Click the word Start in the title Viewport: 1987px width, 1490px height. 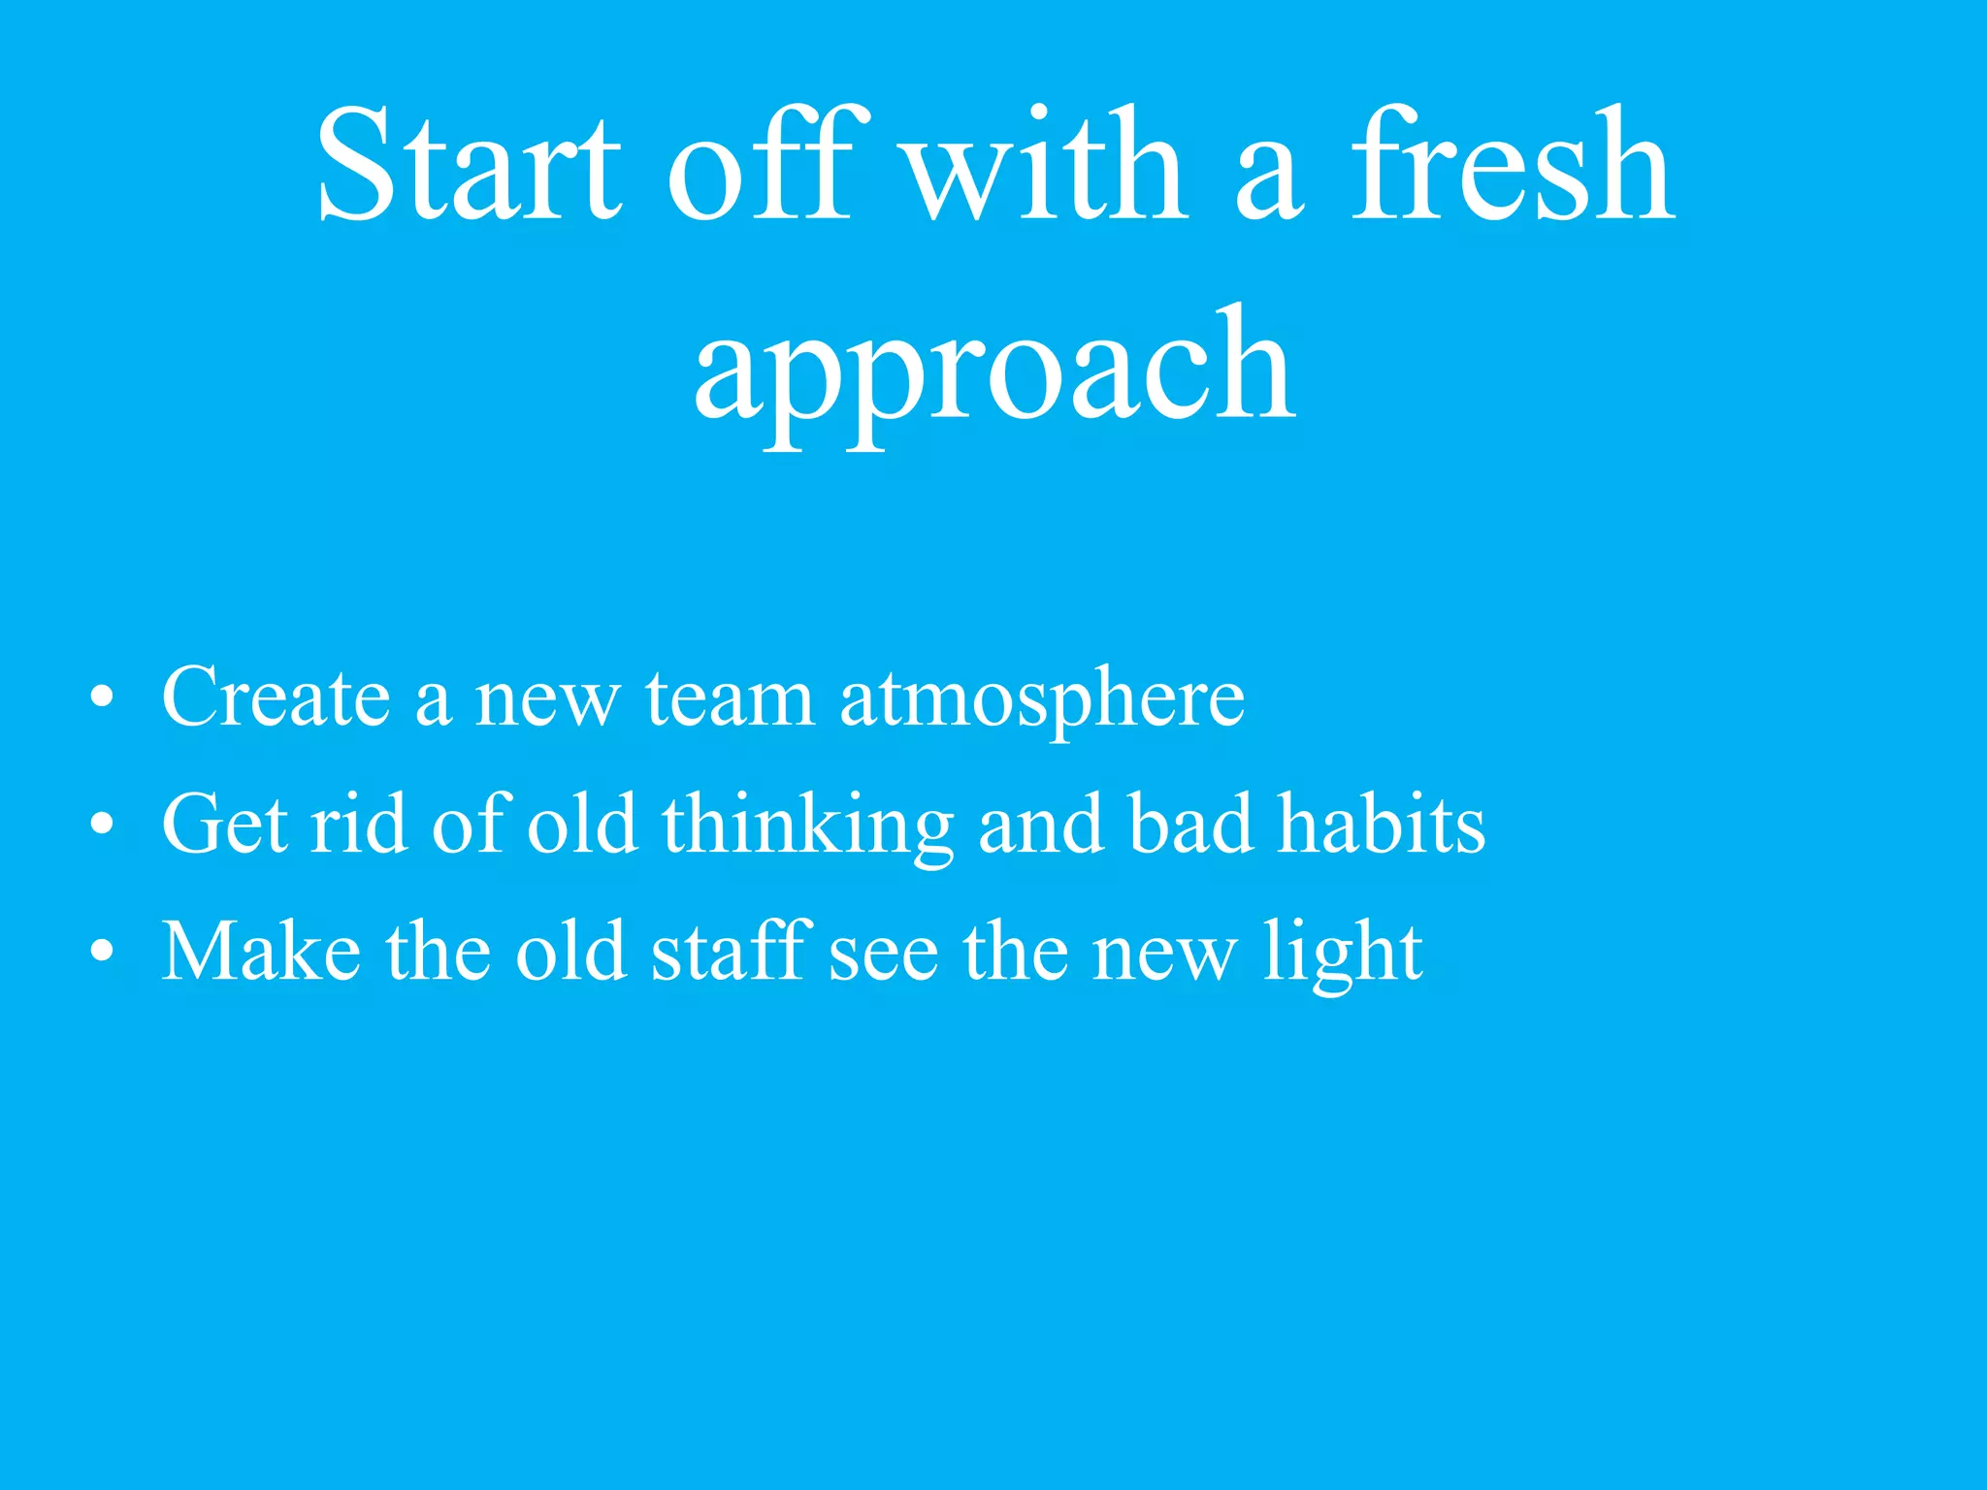[x=469, y=166]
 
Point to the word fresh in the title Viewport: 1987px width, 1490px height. [x=1513, y=166]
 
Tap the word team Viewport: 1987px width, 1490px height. [x=730, y=698]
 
